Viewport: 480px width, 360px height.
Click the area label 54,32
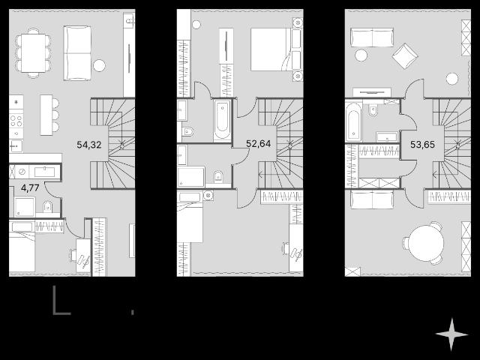click(x=89, y=145)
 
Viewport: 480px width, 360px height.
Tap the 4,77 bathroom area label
click(x=30, y=187)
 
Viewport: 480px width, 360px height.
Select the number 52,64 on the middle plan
click(x=258, y=143)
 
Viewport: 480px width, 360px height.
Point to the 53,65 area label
click(x=422, y=144)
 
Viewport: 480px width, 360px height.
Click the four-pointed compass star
click(x=451, y=334)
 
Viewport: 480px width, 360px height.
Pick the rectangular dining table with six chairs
click(x=33, y=53)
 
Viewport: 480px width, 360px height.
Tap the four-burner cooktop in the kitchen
click(x=16, y=120)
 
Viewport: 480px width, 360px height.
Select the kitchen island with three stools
click(x=49, y=115)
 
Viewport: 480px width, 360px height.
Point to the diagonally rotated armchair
click(x=405, y=55)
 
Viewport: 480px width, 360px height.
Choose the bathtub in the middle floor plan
click(x=222, y=120)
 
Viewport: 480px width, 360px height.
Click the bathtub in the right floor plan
click(x=353, y=122)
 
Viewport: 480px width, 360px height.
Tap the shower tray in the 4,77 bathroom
click(x=24, y=207)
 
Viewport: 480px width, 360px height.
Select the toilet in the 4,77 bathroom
click(x=47, y=206)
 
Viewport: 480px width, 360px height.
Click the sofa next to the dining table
click(x=77, y=53)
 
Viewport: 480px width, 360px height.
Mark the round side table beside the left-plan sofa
click(x=99, y=65)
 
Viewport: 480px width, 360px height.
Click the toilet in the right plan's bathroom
click(x=373, y=109)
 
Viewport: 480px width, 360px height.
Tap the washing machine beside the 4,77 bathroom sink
click(x=22, y=172)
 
